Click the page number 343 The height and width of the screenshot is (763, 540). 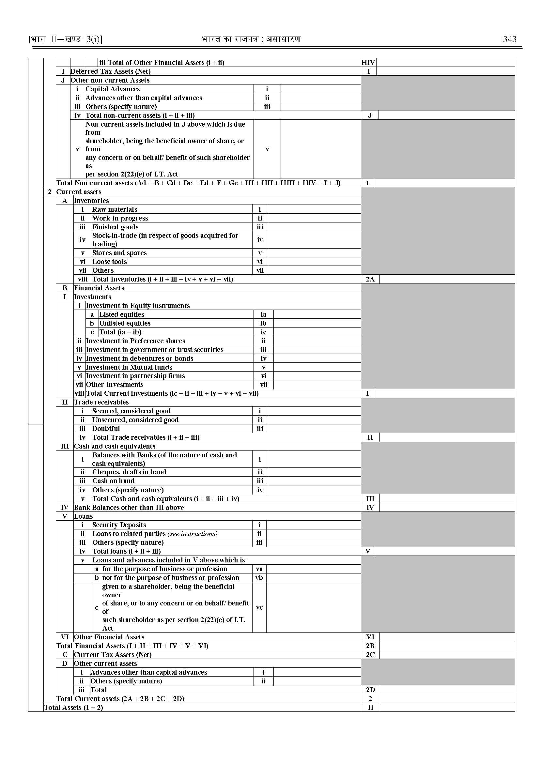click(509, 39)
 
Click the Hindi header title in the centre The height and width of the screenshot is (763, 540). click(251, 39)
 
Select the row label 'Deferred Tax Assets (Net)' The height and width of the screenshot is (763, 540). click(110, 71)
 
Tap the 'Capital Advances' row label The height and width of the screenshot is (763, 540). click(113, 89)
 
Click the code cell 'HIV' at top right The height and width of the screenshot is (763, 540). click(368, 63)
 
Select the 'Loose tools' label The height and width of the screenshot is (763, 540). click(109, 262)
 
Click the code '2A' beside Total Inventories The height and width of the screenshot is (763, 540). click(370, 279)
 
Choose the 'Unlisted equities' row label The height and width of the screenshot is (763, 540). click(125, 323)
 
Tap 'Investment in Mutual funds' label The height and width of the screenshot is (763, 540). click(129, 367)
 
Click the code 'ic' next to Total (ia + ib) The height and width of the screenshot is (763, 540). click(263, 332)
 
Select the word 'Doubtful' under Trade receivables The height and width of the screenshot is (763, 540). click(106, 429)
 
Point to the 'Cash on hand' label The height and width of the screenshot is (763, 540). click(114, 481)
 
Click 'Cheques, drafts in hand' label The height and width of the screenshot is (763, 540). click(129, 472)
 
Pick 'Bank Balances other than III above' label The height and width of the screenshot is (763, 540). click(129, 508)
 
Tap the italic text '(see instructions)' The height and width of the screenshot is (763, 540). click(193, 534)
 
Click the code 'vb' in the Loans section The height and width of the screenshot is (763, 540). click(259, 578)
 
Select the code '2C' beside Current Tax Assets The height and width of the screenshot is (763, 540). click(370, 655)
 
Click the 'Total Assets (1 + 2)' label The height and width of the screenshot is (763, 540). click(73, 708)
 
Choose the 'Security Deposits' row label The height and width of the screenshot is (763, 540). click(119, 525)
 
